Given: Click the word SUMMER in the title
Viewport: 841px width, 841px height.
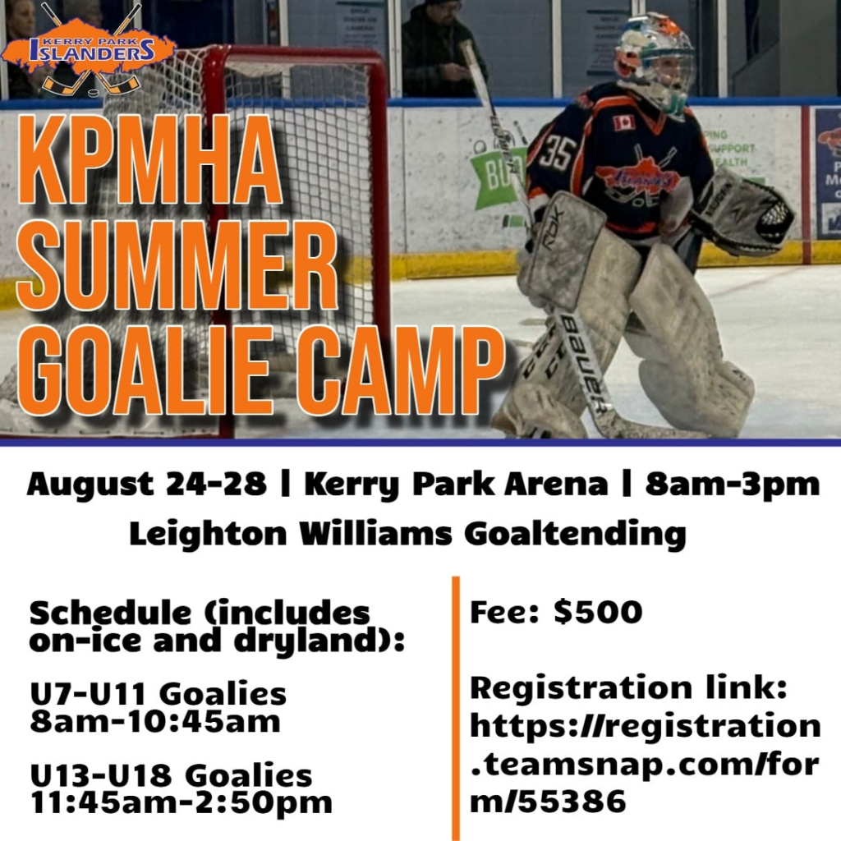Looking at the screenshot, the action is [x=177, y=265].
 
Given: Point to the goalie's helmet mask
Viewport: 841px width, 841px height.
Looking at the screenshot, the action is [x=655, y=62].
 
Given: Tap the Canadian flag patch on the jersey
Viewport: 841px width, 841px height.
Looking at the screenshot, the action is [x=624, y=123].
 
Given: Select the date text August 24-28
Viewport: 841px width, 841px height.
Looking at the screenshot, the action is [x=146, y=485].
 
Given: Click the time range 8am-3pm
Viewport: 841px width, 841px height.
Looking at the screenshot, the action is [x=732, y=485].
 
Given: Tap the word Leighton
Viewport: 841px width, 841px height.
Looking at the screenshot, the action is [x=208, y=534].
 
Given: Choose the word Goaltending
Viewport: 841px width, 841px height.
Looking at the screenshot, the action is [x=575, y=534].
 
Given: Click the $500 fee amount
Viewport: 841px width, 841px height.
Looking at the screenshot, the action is [x=598, y=611].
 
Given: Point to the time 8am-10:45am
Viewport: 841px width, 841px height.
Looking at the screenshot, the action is [x=155, y=721].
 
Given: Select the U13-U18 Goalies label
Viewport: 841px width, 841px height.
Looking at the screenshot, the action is [x=171, y=775].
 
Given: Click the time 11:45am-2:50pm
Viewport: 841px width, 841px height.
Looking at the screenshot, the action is [x=182, y=802].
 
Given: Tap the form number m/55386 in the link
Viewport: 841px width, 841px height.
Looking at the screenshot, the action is [x=548, y=802].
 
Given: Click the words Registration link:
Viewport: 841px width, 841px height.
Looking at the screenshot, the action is [x=628, y=687].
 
